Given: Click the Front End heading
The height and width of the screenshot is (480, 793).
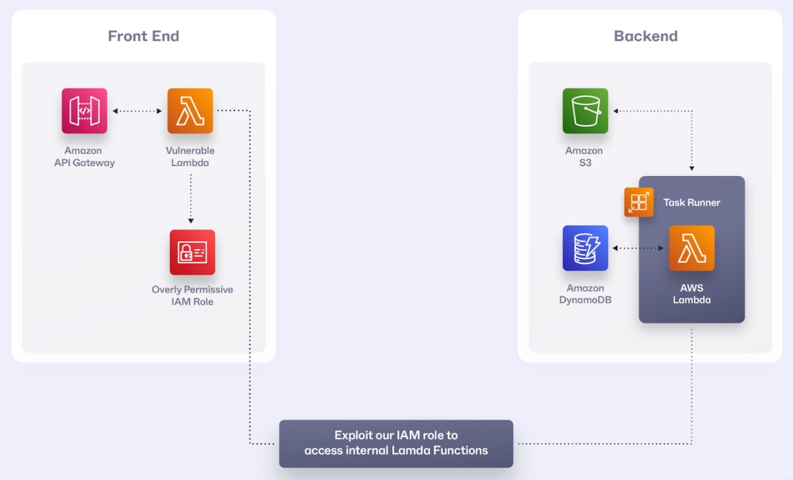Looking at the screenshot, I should click(x=143, y=36).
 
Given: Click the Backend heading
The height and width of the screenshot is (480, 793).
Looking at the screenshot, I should click(x=645, y=36).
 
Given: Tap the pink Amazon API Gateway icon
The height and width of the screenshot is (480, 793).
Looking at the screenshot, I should click(x=84, y=111).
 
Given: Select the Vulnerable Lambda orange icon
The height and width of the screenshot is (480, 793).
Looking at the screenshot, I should click(x=190, y=111).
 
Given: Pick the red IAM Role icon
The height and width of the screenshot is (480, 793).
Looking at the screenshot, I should click(x=192, y=252).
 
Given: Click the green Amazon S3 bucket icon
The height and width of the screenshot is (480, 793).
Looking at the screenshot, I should click(x=585, y=111).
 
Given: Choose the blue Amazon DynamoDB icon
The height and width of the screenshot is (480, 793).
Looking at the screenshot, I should click(x=585, y=248).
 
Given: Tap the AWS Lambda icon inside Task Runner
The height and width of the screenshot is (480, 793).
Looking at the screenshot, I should click(x=691, y=248).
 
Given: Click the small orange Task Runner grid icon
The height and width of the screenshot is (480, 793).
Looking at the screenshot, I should click(x=638, y=202).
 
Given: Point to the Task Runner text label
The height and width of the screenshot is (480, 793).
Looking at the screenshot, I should click(x=691, y=203).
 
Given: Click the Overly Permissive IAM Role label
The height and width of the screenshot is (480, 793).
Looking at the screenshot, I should click(x=192, y=295).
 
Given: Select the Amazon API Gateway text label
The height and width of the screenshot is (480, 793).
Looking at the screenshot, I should click(x=84, y=157).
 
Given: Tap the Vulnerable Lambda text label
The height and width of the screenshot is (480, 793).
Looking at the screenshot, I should click(x=190, y=157).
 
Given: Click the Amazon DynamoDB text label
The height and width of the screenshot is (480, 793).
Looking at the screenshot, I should click(x=585, y=294).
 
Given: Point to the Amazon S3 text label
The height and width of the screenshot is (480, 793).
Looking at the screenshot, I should click(x=585, y=157).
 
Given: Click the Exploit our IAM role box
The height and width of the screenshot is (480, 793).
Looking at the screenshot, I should click(x=396, y=443).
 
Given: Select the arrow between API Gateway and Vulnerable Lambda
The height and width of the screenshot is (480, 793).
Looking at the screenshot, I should click(x=137, y=111).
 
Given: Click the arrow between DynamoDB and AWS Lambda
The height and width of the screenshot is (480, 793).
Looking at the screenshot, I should click(x=638, y=248).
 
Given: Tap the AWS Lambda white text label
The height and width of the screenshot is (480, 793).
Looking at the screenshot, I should click(x=691, y=294).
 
